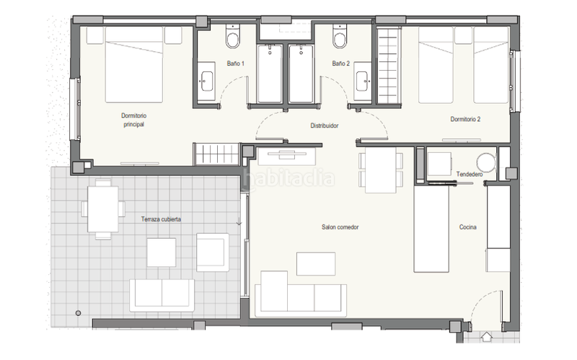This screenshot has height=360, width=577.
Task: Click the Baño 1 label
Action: tap(236, 63)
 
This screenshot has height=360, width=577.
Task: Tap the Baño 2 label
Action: tap(340, 63)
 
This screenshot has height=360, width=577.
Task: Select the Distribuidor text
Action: tap(324, 126)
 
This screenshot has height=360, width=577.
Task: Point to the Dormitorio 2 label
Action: tap(465, 119)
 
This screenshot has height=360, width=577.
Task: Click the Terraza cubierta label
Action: tap(161, 219)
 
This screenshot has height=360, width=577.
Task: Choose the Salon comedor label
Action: tap(340, 227)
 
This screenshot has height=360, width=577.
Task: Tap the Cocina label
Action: tap(467, 227)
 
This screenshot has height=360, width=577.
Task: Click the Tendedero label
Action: tap(470, 174)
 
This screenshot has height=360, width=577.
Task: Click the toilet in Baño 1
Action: tap(232, 37)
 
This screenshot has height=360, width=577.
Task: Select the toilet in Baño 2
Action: tap(339, 37)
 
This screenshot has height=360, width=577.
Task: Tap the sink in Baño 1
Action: tap(206, 81)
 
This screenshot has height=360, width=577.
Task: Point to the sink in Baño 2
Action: tap(364, 81)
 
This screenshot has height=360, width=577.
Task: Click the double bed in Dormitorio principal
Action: tap(134, 64)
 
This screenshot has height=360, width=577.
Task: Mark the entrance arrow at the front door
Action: tap(487, 336)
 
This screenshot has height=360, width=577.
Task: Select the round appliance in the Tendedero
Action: tap(486, 162)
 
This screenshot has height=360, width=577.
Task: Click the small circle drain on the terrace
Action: tap(78, 313)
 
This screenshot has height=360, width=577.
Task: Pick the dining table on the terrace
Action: tap(103, 209)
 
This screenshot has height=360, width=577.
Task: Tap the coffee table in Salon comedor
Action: tap(316, 263)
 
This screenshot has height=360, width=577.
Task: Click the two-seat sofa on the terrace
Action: tap(162, 295)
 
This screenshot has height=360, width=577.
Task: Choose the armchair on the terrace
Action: tap(213, 253)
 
